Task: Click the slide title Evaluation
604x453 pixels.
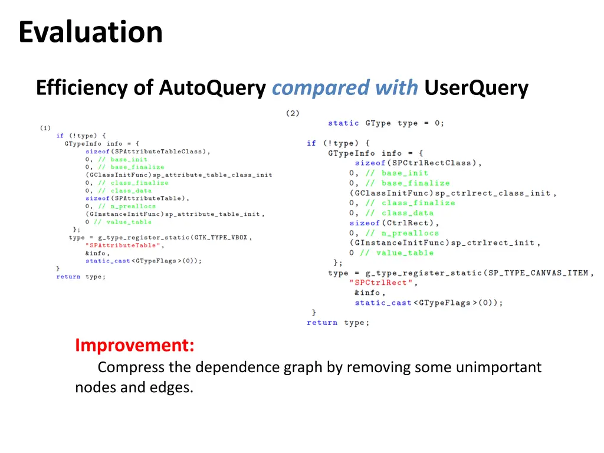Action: click(x=90, y=32)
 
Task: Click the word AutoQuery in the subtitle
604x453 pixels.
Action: click(x=212, y=88)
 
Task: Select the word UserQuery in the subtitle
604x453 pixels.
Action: click(x=476, y=88)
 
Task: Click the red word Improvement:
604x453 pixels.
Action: click(x=134, y=344)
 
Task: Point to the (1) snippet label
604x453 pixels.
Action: click(x=45, y=128)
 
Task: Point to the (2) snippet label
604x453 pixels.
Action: click(x=293, y=113)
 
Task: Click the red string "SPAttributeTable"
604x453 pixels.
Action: click(x=123, y=245)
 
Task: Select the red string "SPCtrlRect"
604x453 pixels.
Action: click(x=382, y=283)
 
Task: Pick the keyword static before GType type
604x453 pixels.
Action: click(x=343, y=123)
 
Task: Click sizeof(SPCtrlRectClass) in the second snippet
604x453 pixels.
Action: click(x=418, y=163)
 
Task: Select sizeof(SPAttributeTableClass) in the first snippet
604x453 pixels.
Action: click(x=147, y=152)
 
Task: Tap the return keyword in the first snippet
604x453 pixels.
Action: click(x=68, y=277)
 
